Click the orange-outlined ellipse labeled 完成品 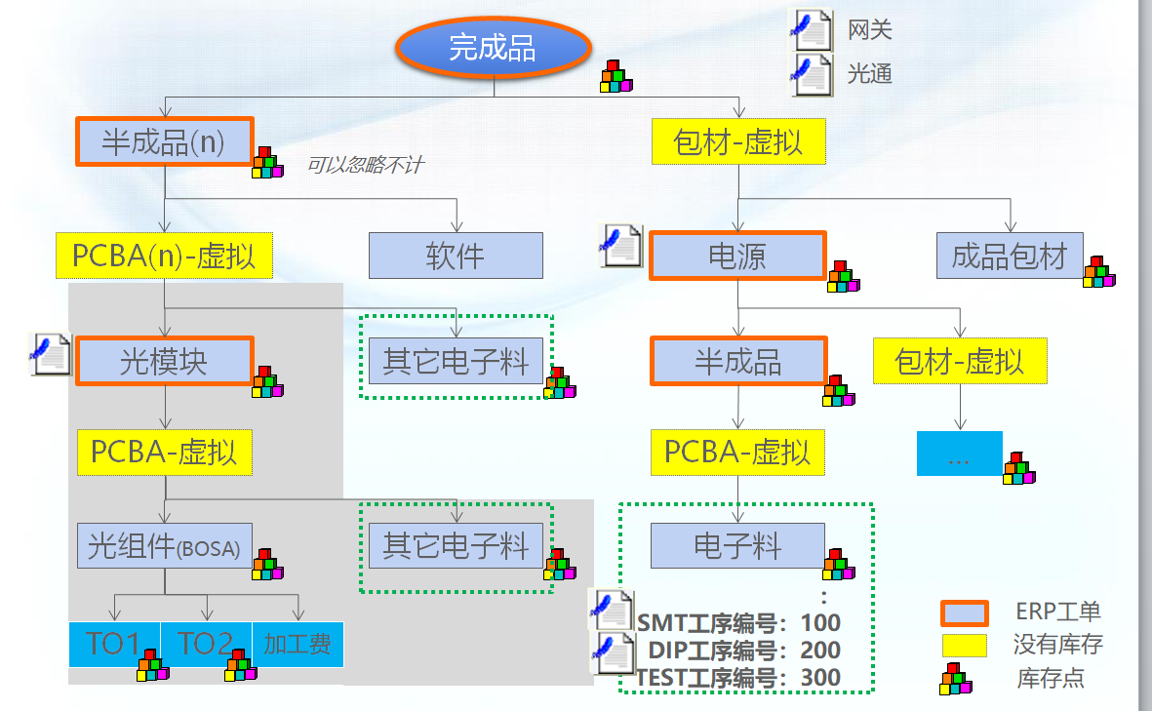[x=493, y=47]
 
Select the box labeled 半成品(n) [x=164, y=142]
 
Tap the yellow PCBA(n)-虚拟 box [x=164, y=257]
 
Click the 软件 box [x=455, y=257]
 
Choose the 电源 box [x=737, y=257]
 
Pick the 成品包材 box [x=1009, y=257]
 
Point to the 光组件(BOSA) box [x=164, y=546]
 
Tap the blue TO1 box [x=114, y=644]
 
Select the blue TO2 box [x=206, y=644]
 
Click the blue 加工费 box [x=298, y=644]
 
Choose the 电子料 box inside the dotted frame [x=737, y=546]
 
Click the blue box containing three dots [x=959, y=454]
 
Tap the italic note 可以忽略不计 [x=365, y=166]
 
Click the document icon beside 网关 [x=811, y=29]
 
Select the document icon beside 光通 [x=811, y=73]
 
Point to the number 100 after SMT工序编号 [x=820, y=622]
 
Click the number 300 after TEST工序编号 [x=820, y=678]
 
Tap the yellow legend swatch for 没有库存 [x=964, y=645]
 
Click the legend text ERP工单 [x=1057, y=612]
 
